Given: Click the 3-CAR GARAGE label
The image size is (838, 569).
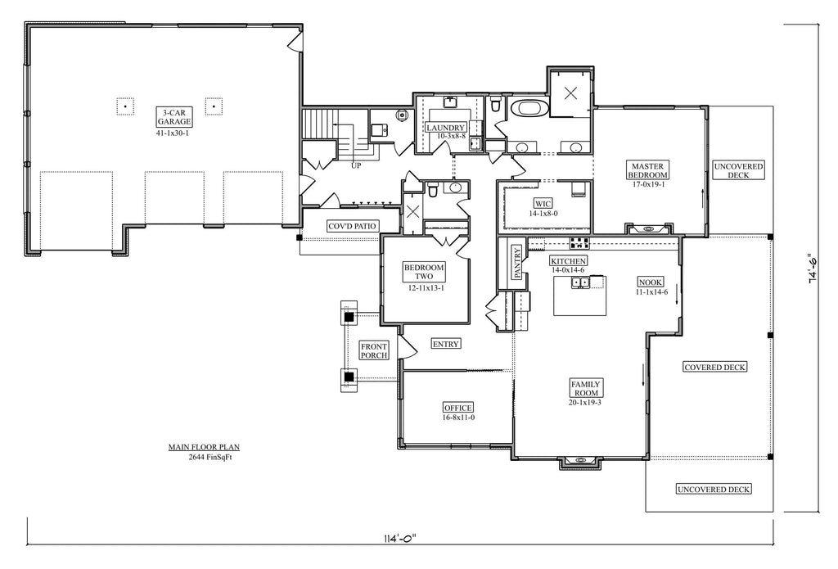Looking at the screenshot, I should pyautogui.click(x=175, y=115).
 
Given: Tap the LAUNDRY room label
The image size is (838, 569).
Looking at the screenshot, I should pyautogui.click(x=446, y=128).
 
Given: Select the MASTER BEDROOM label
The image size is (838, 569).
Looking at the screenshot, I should pyautogui.click(x=647, y=169).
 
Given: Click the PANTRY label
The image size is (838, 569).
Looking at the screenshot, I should pyautogui.click(x=517, y=264).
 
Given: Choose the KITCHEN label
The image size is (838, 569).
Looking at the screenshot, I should pyautogui.click(x=568, y=260).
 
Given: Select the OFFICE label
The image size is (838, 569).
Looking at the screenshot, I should pyautogui.click(x=458, y=408).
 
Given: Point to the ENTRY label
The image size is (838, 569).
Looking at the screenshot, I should pyautogui.click(x=445, y=344).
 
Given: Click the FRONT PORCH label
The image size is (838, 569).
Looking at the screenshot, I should pyautogui.click(x=374, y=351).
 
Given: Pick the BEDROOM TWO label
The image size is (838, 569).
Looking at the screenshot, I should pyautogui.click(x=424, y=273).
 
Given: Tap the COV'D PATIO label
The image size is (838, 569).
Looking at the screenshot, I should pyautogui.click(x=352, y=225).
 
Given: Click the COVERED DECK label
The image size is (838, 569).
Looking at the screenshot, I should pyautogui.click(x=714, y=368).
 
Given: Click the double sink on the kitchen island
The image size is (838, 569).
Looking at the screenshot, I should pyautogui.click(x=580, y=282).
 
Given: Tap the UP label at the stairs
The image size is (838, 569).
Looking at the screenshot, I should pyautogui.click(x=356, y=165).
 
